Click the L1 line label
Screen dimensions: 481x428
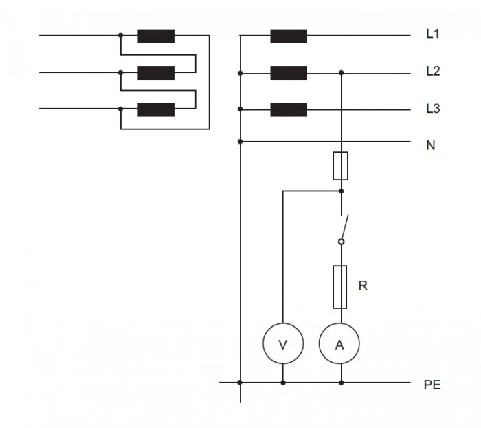click(433, 34)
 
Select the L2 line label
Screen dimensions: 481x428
click(433, 71)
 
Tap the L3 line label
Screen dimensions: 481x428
click(433, 109)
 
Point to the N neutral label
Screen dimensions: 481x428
click(431, 145)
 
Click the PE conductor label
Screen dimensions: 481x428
click(432, 385)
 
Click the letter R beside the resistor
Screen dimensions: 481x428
click(363, 286)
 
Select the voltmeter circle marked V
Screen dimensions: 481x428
click(283, 343)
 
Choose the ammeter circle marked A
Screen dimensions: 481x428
click(339, 343)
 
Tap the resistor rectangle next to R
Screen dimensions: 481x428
click(340, 287)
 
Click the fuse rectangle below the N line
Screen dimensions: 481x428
click(341, 166)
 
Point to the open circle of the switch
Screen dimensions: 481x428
click(341, 242)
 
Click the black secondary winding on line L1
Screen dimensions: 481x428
click(289, 36)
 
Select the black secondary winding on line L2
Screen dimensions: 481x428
click(289, 73)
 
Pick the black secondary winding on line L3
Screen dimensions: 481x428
click(289, 109)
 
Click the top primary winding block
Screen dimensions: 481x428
click(156, 36)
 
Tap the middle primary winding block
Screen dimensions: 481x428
click(156, 73)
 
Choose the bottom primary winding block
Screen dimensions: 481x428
click(156, 109)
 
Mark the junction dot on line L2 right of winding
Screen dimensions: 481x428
click(341, 73)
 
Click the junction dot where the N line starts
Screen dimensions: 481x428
click(240, 142)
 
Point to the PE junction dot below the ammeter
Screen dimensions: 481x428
click(341, 383)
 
